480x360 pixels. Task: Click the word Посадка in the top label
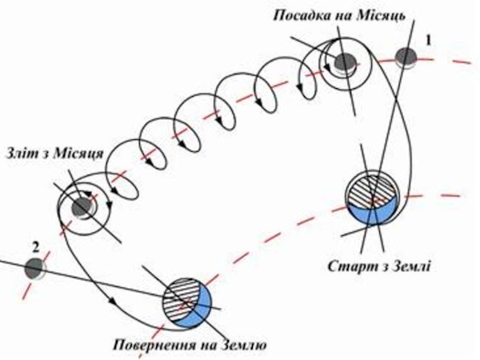coord(302,15)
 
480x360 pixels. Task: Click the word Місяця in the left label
coord(78,154)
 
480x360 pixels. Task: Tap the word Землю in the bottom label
coord(243,345)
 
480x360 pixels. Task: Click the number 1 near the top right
coord(429,41)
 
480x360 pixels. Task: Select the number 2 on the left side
coord(36,247)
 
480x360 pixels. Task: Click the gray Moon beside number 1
coord(406,58)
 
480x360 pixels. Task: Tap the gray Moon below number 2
coord(34,269)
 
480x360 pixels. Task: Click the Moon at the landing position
coord(344,62)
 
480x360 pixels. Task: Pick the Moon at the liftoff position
coord(82,208)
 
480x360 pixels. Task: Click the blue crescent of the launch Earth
coord(374,212)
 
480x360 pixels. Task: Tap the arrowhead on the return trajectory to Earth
coord(113,301)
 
